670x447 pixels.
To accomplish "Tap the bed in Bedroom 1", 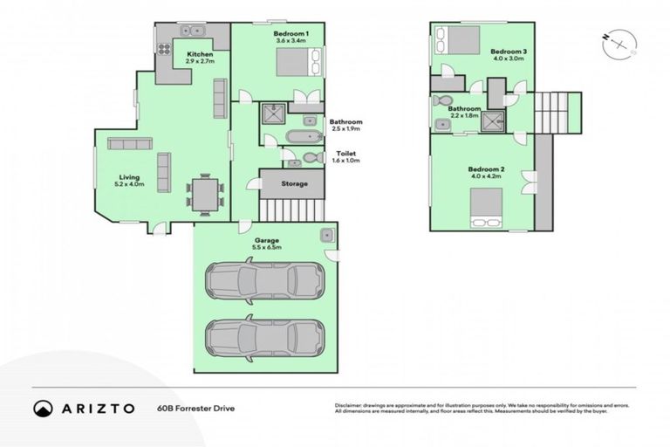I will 293,63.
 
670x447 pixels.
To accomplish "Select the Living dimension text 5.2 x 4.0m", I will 128,184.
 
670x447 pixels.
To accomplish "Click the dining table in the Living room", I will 205,193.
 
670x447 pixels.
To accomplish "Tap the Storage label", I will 293,184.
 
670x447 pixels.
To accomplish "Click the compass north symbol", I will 619,40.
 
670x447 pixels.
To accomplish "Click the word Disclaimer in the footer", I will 350,405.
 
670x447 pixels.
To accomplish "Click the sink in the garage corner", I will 326,234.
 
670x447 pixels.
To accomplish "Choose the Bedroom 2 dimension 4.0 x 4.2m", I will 485,175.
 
